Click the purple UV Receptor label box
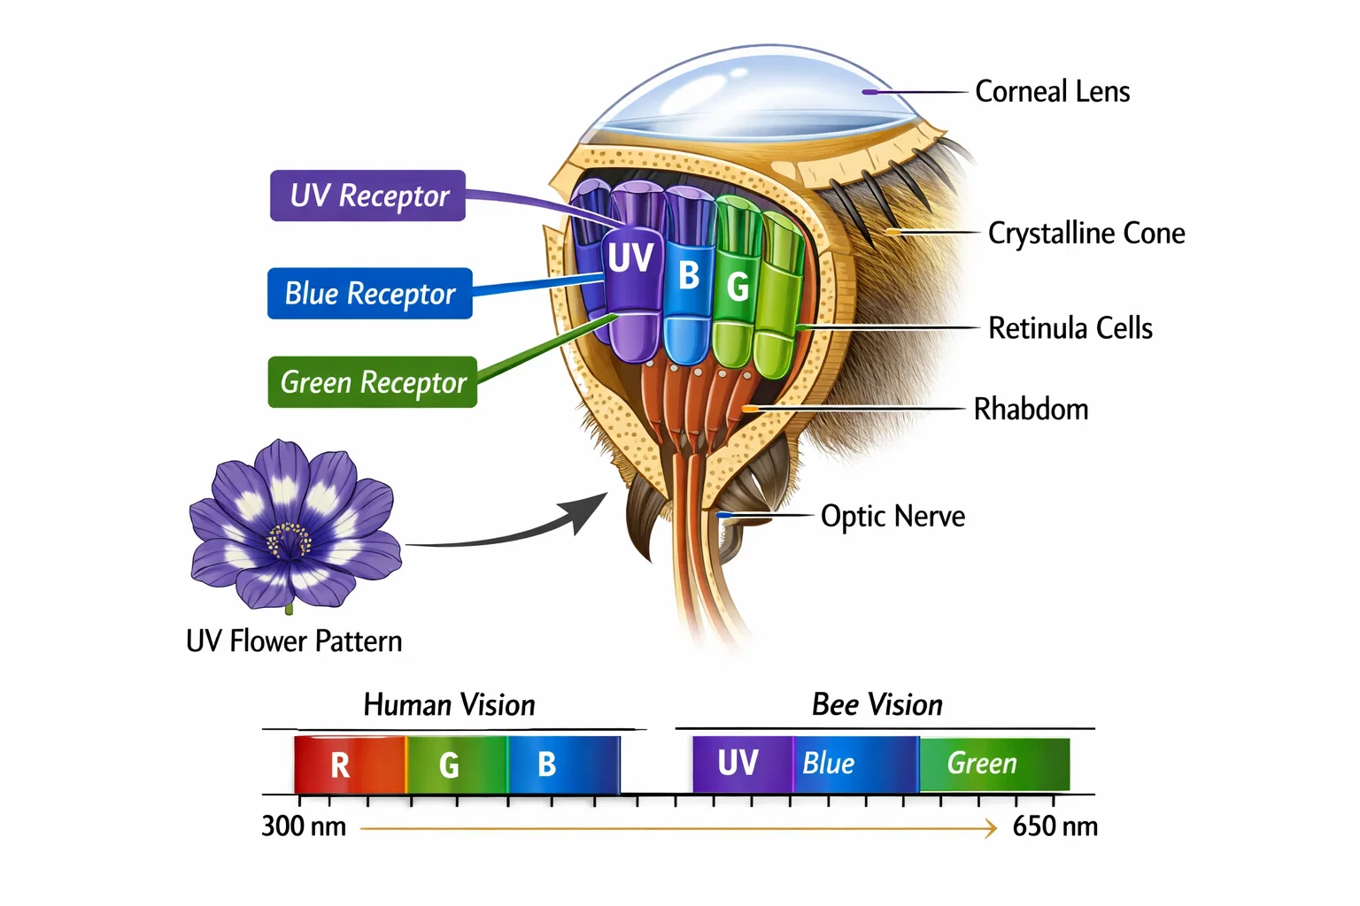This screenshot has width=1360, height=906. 367,196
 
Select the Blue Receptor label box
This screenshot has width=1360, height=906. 369,293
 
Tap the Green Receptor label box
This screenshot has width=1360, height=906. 372,382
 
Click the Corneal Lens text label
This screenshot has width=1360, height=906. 1052,91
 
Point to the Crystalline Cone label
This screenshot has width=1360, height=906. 1086,233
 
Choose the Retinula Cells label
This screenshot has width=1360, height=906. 1070,328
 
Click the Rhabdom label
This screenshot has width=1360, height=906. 1031,409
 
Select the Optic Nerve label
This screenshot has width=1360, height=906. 892,516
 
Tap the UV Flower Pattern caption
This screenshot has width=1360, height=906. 294,641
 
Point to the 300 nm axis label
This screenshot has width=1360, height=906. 303,826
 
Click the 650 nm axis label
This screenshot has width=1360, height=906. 1055,826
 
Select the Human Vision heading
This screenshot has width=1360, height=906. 449,705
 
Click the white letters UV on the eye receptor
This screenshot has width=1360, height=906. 630,258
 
